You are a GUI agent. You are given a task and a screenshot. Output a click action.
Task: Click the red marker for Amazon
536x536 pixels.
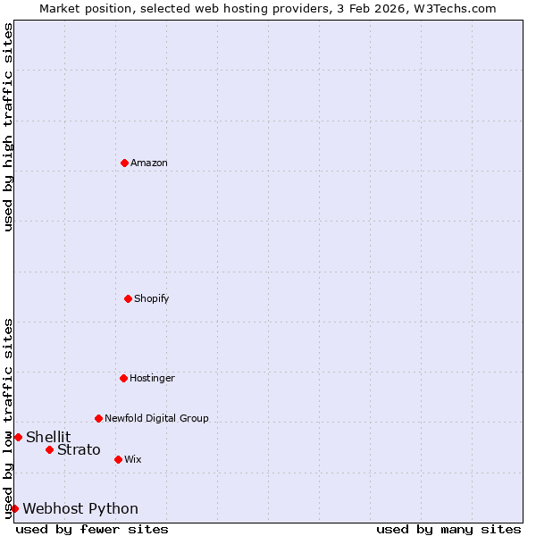[x=124, y=163]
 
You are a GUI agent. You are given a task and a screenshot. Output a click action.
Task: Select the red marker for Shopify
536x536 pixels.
[x=128, y=298]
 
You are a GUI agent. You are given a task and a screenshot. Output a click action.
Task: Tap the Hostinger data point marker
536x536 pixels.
[x=123, y=378]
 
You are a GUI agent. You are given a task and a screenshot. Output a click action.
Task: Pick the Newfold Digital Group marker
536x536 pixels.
[x=98, y=418]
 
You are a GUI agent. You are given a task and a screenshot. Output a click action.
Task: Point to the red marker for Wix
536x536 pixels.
[x=118, y=459]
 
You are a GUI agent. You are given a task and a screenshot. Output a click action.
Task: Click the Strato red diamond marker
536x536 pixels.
[x=49, y=449]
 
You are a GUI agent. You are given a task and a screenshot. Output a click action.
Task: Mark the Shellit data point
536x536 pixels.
[x=18, y=437]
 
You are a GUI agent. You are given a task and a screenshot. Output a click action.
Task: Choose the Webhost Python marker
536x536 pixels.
[x=14, y=508]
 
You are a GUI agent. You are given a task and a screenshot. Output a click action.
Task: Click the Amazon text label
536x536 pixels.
[x=149, y=163]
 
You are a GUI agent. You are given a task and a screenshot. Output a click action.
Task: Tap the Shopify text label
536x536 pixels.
[x=152, y=298]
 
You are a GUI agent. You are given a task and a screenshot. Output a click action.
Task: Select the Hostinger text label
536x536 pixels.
[x=152, y=378]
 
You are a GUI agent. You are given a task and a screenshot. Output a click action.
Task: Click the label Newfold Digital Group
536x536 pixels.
[x=156, y=418]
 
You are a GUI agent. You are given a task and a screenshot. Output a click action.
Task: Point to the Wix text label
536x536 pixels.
[x=132, y=459]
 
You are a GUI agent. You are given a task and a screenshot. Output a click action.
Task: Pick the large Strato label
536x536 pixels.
[x=79, y=449]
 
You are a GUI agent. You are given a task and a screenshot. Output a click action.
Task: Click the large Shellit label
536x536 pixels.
[x=48, y=437]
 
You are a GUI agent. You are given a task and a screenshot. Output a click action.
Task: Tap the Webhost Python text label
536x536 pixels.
[x=80, y=508]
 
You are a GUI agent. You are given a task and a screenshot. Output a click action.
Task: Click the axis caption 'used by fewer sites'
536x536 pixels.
[x=92, y=529]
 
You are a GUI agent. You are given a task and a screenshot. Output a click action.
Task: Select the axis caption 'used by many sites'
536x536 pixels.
[x=448, y=529]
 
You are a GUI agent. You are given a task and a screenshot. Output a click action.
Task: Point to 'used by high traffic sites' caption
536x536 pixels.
[x=8, y=127]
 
